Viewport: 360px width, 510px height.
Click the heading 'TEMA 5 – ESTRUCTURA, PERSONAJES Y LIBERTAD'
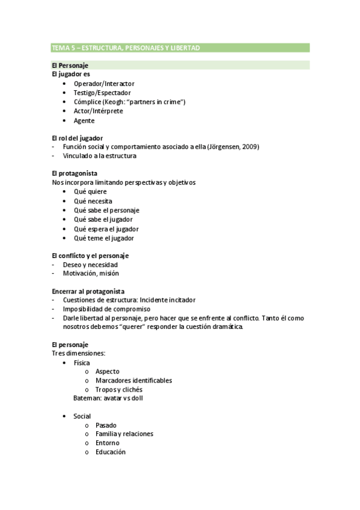[126, 48]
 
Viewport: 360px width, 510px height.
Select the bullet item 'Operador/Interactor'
[104, 84]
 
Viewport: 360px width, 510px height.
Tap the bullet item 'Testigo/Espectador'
[103, 93]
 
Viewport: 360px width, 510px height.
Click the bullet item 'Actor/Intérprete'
[99, 111]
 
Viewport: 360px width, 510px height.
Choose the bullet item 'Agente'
[84, 120]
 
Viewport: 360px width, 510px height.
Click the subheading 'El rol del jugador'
[78, 138]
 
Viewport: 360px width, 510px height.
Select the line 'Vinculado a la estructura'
[99, 156]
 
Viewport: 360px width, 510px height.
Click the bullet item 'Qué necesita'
[93, 201]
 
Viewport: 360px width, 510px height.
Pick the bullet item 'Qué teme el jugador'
[103, 238]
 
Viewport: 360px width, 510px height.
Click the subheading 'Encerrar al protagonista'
[88, 291]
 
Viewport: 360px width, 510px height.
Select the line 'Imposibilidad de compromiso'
[106, 309]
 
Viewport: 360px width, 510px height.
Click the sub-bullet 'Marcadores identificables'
[133, 380]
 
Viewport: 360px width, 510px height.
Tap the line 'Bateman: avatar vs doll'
[108, 398]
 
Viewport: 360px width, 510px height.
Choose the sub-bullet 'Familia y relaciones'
[124, 434]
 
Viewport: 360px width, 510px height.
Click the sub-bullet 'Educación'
[111, 452]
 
